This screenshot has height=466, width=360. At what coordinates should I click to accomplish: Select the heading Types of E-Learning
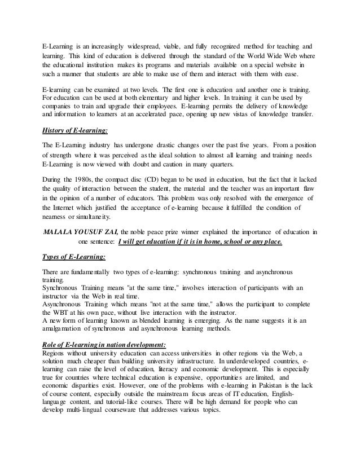[x=74, y=257]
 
